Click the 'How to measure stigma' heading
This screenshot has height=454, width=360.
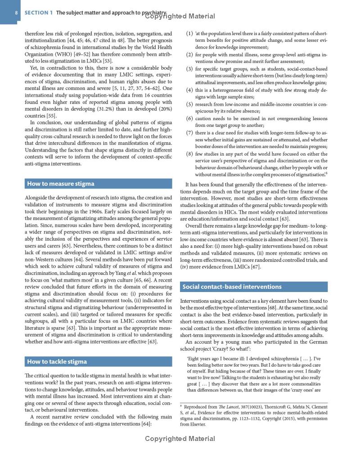(61, 183)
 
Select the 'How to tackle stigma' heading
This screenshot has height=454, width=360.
(57, 361)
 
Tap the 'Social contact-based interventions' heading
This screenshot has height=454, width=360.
(232, 287)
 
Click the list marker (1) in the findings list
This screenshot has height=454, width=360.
(189, 34)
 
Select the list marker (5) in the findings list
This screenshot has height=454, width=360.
(189, 104)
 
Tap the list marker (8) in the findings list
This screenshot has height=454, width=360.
(189, 154)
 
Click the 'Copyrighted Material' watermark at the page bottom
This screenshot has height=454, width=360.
(180, 438)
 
